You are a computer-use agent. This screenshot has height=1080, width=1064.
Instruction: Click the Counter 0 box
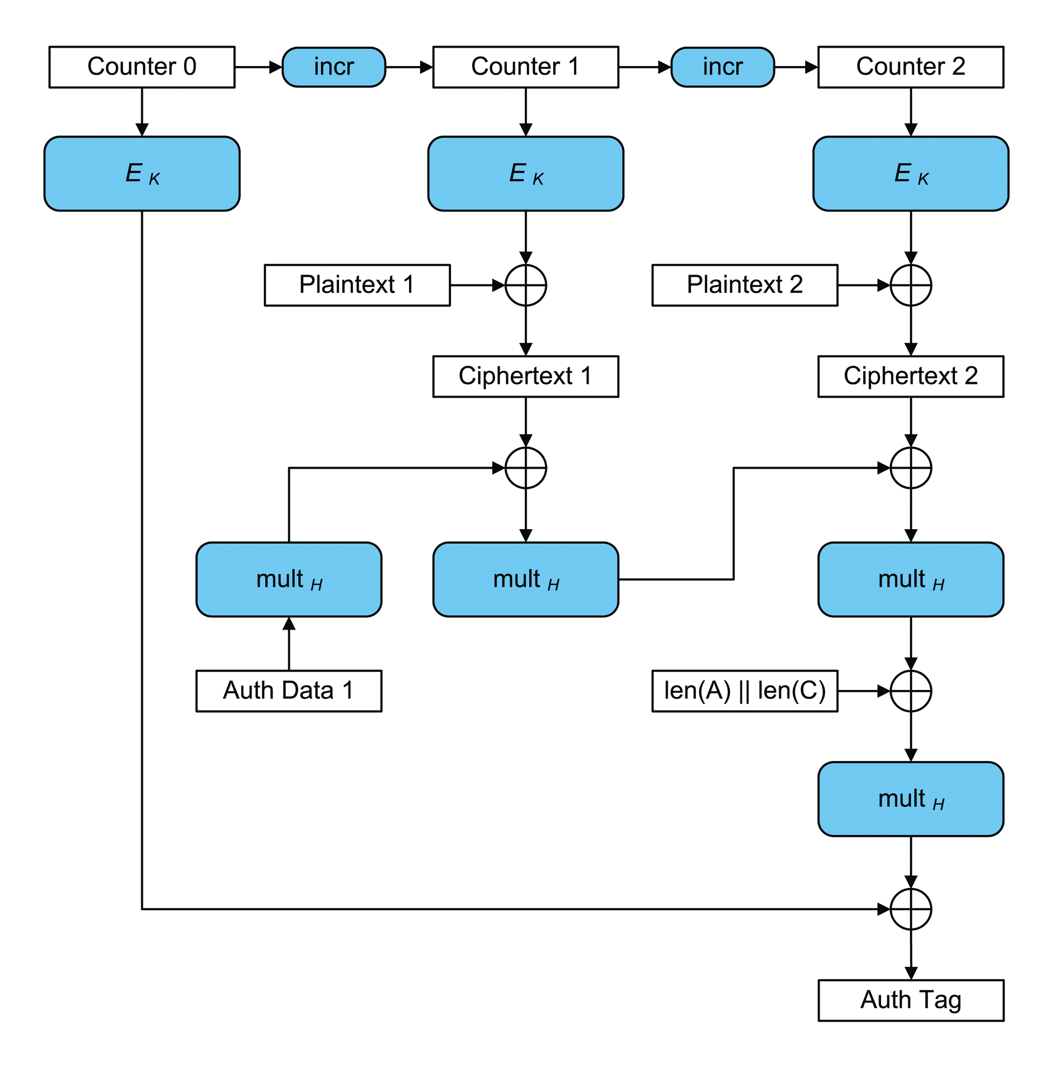[142, 67]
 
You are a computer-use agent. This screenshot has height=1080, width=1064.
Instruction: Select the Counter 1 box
[525, 67]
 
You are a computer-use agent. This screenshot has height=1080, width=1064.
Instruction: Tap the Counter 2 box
[910, 67]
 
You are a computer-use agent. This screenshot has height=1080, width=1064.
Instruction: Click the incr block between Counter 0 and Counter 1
[334, 67]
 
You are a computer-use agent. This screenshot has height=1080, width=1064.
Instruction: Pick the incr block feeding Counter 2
[722, 67]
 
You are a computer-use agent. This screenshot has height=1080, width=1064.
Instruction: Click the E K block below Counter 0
[142, 173]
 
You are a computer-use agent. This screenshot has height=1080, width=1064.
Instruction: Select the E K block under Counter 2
[910, 173]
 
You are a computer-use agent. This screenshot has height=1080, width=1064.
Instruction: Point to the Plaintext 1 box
[357, 285]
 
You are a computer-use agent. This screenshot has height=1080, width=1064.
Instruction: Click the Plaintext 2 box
[744, 285]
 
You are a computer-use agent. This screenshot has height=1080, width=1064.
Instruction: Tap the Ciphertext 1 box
[525, 376]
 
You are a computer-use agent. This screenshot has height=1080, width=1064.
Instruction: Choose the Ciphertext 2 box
[910, 376]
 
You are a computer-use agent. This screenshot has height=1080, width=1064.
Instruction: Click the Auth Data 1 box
[289, 691]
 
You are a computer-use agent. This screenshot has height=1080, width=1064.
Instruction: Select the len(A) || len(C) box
[744, 691]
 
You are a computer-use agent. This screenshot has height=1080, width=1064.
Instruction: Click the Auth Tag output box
[910, 1000]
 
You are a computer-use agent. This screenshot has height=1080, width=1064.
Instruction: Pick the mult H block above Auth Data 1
[289, 579]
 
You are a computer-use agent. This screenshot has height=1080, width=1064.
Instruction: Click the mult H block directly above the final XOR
[910, 799]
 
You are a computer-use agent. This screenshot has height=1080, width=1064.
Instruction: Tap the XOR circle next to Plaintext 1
[525, 285]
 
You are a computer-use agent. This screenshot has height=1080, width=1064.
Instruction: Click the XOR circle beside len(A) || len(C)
[910, 691]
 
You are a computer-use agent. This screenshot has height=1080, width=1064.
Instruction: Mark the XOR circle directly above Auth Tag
[910, 909]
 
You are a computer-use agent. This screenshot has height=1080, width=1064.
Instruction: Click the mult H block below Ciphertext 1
[525, 579]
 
